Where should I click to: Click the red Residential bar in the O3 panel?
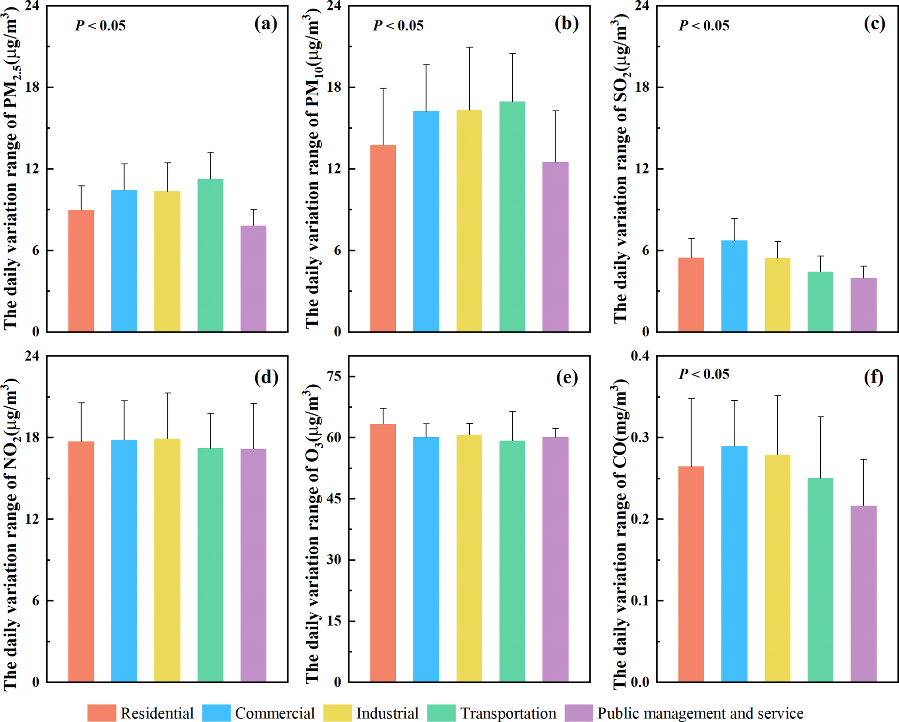click(383, 552)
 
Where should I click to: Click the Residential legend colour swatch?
click(101, 713)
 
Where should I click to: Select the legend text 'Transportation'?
click(508, 713)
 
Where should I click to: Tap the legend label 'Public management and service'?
click(700, 713)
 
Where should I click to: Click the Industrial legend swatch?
click(337, 713)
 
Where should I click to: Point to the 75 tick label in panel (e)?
click(334, 376)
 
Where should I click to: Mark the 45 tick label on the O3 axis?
click(334, 499)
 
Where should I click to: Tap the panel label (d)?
click(266, 377)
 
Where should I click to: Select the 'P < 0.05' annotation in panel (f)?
click(704, 374)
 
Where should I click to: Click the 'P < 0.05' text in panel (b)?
click(398, 26)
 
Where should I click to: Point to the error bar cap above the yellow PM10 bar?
click(469, 47)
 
